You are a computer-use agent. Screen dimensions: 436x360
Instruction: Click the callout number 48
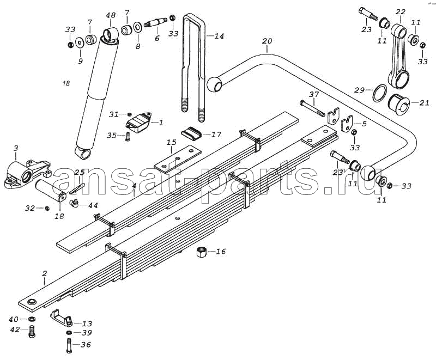(111, 15)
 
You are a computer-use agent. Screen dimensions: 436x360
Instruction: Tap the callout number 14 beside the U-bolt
(219, 36)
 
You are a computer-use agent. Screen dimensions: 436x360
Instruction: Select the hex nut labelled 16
(201, 252)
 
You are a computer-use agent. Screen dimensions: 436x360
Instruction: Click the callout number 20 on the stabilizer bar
(267, 41)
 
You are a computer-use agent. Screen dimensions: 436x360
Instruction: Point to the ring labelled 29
(379, 93)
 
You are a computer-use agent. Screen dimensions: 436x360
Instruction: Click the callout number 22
(401, 12)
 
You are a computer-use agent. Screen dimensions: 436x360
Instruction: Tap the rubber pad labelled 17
(192, 133)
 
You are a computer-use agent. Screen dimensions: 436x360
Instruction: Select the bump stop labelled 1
(139, 122)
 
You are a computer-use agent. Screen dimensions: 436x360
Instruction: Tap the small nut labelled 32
(47, 208)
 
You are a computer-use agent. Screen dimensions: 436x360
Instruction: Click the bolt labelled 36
(69, 346)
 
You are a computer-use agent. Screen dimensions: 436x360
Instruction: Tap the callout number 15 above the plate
(172, 143)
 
